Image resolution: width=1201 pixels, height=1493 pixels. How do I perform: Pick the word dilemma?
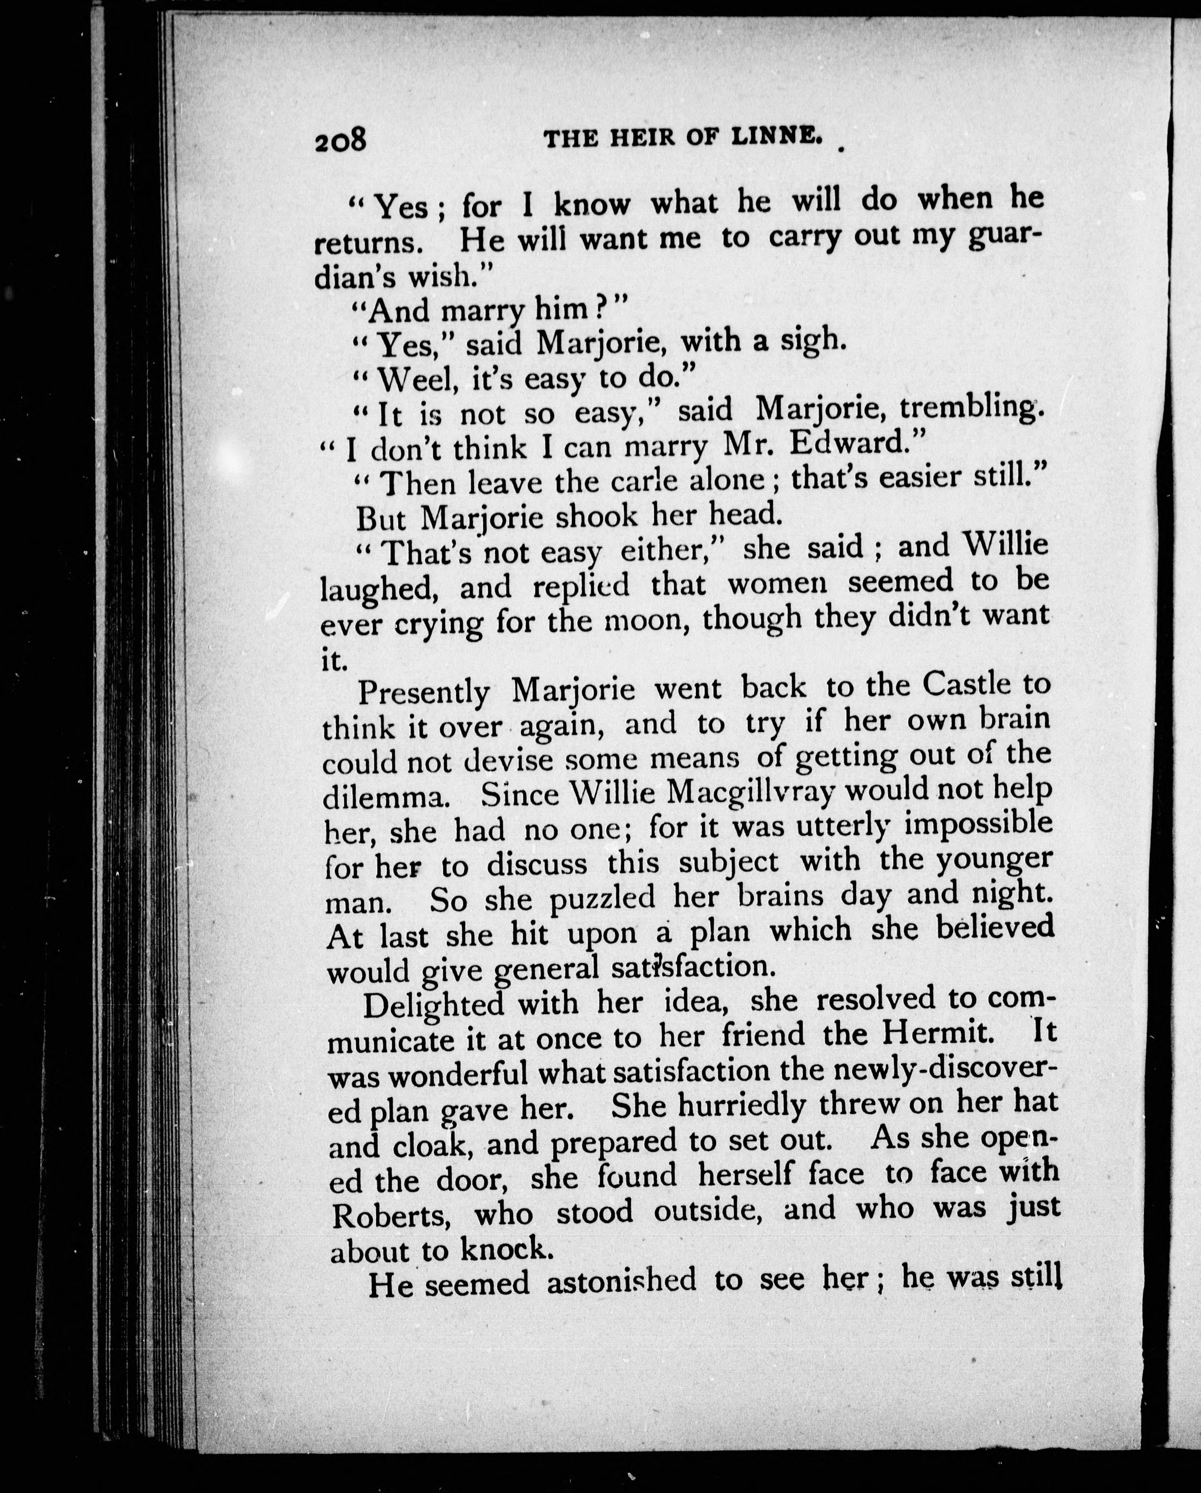coord(386,798)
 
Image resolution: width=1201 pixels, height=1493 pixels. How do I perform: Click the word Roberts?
coord(393,1216)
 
